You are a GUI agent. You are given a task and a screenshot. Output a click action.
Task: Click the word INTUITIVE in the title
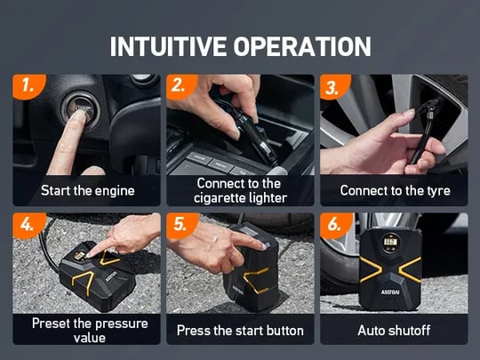[x=168, y=46]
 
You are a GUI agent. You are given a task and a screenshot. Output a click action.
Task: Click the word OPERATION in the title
[x=302, y=46]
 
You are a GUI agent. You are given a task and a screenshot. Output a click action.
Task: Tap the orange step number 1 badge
[x=28, y=86]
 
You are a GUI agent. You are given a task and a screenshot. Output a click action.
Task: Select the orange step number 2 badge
[x=181, y=86]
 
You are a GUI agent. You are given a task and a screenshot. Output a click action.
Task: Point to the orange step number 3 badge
[x=334, y=86]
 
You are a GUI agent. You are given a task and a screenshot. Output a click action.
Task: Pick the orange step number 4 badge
[x=28, y=225]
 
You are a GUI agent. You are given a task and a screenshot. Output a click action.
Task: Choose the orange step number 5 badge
[x=181, y=225]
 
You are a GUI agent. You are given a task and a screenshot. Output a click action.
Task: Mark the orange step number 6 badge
[x=335, y=225]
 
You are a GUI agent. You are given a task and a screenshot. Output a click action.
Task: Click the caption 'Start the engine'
[x=88, y=190]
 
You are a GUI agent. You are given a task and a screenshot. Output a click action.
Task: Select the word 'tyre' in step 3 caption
[x=439, y=191]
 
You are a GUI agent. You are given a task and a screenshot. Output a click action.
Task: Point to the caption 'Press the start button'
[x=240, y=331]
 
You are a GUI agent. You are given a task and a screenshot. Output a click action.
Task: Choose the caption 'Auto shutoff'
[x=394, y=331]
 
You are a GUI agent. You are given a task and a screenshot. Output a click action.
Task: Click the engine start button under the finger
[x=81, y=112]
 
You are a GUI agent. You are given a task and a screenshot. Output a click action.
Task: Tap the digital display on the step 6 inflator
[x=390, y=243]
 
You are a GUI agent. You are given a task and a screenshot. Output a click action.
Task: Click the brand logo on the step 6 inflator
[x=390, y=292]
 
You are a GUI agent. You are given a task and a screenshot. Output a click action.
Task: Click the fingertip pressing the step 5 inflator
[x=262, y=245]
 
